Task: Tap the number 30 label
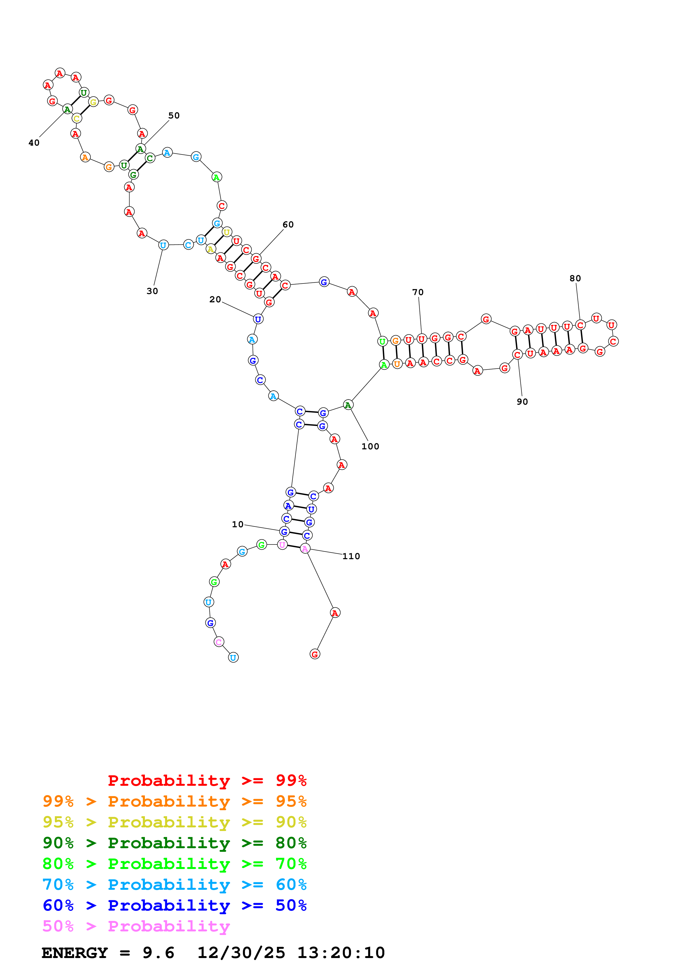click(x=152, y=291)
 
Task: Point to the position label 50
click(x=174, y=116)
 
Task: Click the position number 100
click(x=370, y=446)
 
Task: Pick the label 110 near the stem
click(x=351, y=556)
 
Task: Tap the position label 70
click(x=418, y=292)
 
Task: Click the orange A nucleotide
click(x=85, y=157)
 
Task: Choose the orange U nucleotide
click(x=397, y=364)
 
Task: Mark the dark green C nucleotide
click(x=150, y=158)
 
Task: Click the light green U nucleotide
click(x=382, y=341)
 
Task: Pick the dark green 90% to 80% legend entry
click(x=174, y=843)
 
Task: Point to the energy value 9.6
click(x=158, y=953)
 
